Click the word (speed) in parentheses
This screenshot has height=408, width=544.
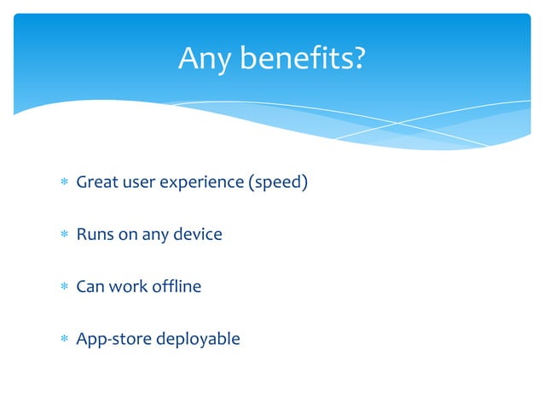point(277,183)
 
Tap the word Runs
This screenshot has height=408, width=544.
point(94,234)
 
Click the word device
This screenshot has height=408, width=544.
point(198,234)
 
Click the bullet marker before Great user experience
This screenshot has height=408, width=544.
point(61,183)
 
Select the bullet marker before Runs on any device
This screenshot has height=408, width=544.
point(61,235)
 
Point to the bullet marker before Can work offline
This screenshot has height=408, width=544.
point(61,287)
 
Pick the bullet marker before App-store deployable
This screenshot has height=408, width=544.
point(61,339)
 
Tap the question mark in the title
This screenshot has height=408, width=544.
point(359,59)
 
